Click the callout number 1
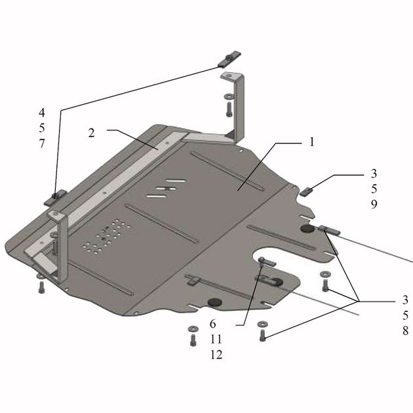312,142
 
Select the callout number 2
91,132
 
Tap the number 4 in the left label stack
42,113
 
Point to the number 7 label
42,144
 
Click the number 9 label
374,204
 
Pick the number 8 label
405,330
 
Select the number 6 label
213,324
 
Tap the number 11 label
216,340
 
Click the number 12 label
216,355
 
